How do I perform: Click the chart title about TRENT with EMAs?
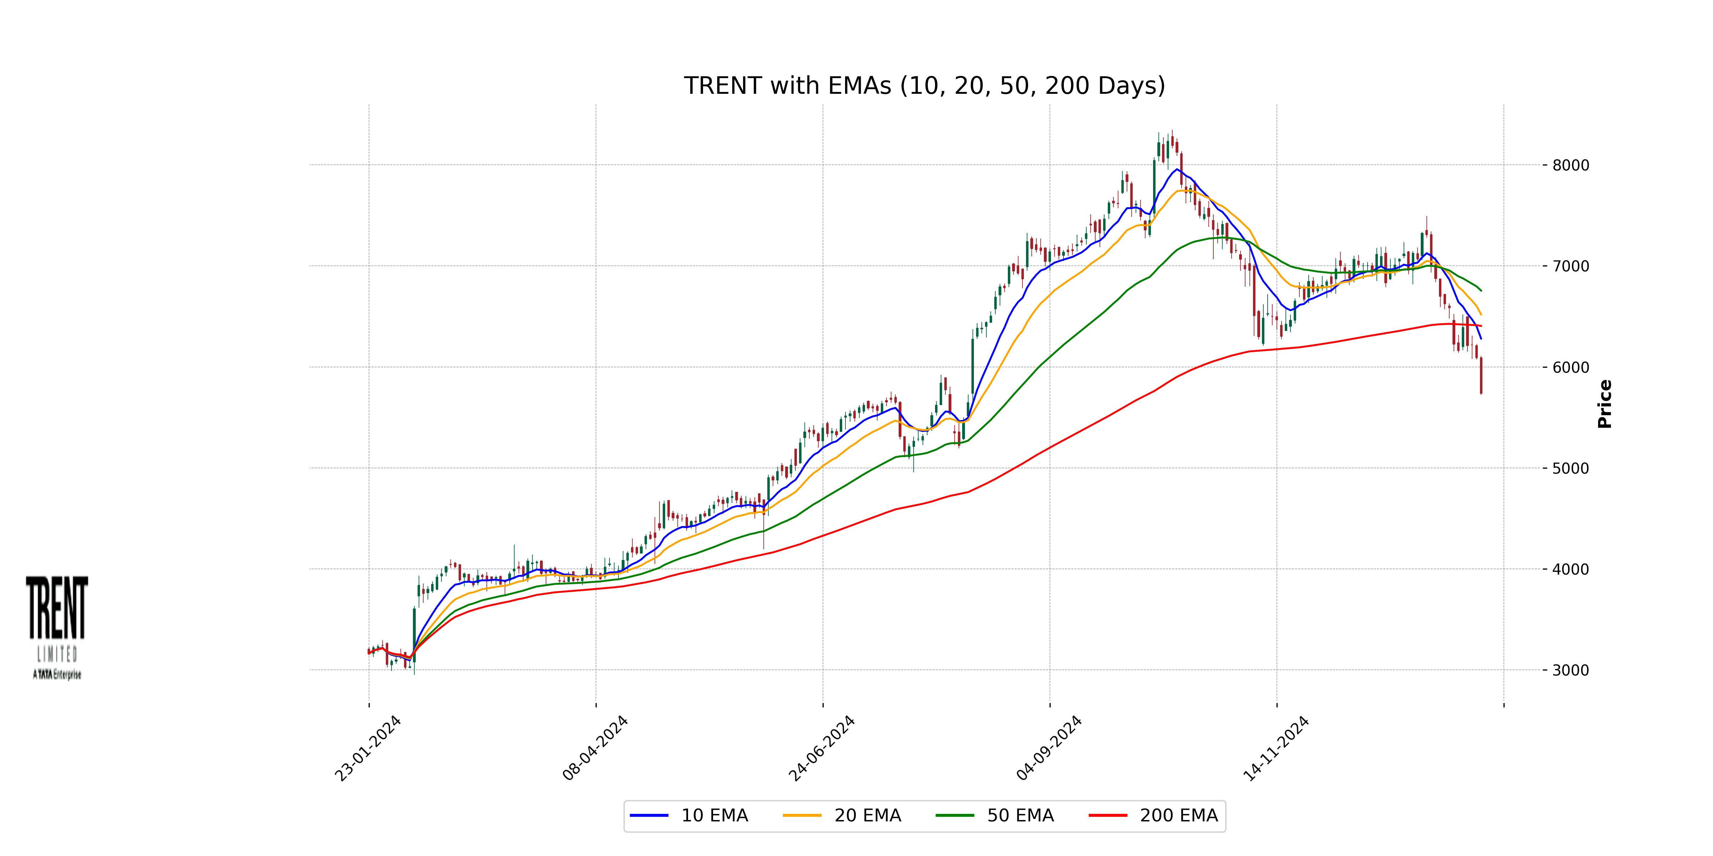tap(924, 86)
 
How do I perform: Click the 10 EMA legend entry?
tap(714, 815)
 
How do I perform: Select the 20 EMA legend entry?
tap(867, 815)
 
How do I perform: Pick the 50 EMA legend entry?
tap(1020, 815)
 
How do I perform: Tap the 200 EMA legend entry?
tap(1178, 815)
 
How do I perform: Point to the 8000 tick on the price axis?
tap(1570, 165)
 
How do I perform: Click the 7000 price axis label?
tap(1570, 266)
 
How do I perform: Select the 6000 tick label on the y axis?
tap(1570, 367)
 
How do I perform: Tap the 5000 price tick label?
tap(1570, 469)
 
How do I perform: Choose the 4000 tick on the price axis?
tap(1570, 570)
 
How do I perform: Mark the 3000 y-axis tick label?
tap(1570, 671)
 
